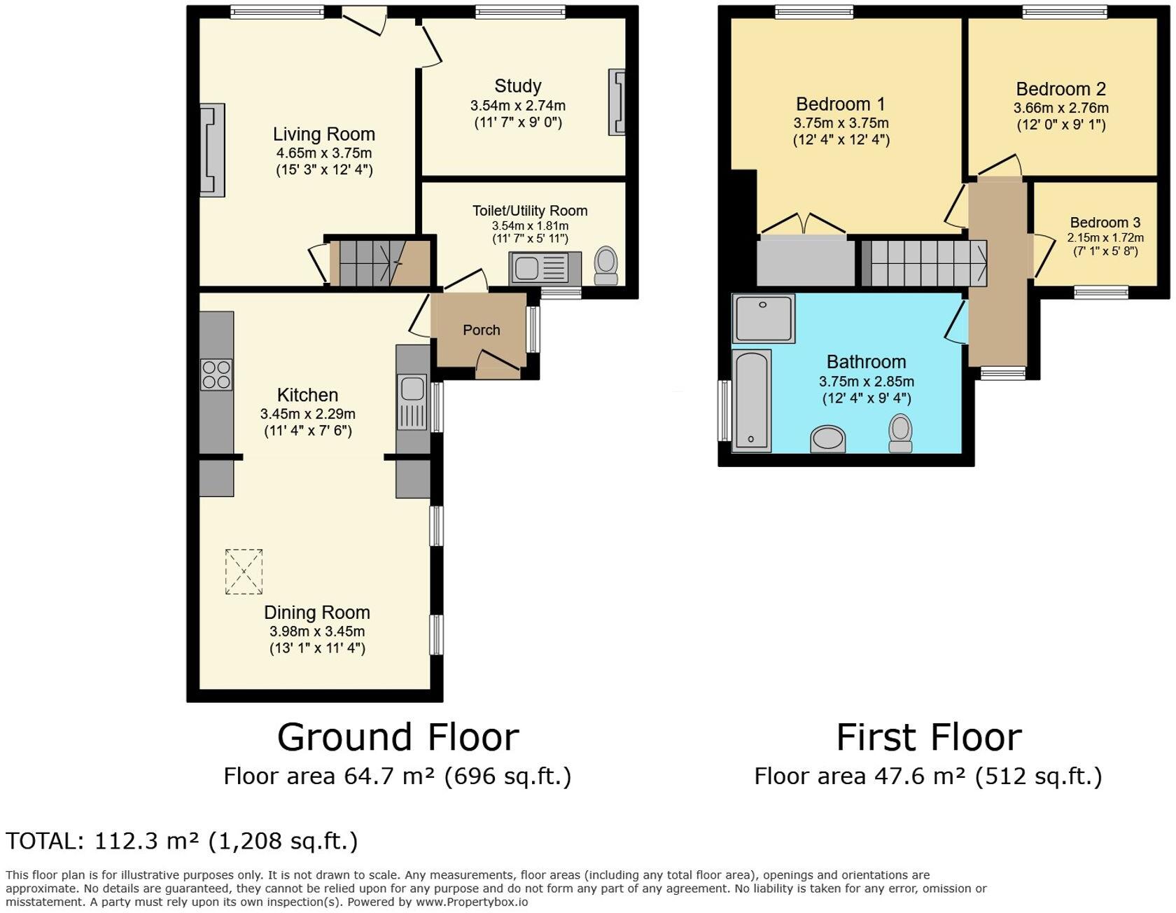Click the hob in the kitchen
(216, 373)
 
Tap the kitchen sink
(412, 403)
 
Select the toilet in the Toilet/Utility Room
(606, 266)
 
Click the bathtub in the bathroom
(752, 400)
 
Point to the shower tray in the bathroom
(764, 319)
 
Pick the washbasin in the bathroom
(828, 439)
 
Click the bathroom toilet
(900, 433)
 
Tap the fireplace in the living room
(213, 150)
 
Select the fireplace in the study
(617, 102)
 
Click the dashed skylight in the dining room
(244, 572)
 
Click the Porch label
(482, 330)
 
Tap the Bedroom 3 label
(1105, 223)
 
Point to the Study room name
(518, 86)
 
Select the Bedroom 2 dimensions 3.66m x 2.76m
(1061, 109)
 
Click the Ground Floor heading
(398, 737)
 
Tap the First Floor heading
(929, 737)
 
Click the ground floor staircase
(380, 263)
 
